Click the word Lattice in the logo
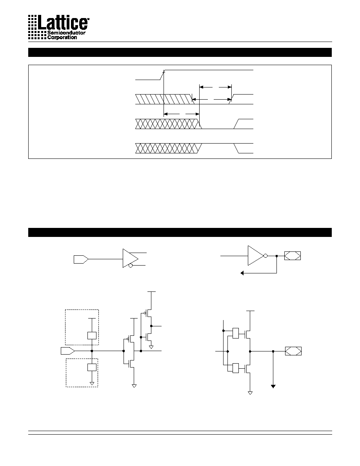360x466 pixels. point(63,22)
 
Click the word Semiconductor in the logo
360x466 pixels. point(66,33)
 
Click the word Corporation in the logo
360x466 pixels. point(62,37)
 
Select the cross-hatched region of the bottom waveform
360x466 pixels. point(168,148)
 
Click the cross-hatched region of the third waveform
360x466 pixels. point(168,124)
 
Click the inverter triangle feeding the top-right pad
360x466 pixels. point(256,256)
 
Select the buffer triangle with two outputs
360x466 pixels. point(131,258)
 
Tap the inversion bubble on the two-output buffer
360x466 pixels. point(131,265)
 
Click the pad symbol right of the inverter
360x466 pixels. point(292,256)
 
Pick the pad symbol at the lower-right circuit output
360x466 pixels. point(293,351)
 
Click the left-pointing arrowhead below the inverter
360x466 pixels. point(242,273)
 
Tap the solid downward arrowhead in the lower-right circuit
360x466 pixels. point(273,386)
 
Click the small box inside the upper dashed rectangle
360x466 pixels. point(92,335)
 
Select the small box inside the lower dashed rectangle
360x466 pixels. point(92,367)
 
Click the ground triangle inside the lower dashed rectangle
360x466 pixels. point(92,384)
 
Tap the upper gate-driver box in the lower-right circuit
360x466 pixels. point(236,333)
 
